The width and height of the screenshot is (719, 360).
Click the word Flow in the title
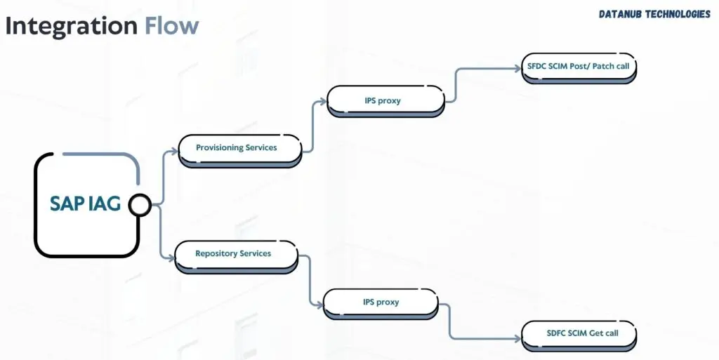tap(172, 26)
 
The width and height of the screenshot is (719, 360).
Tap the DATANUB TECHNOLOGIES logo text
tap(654, 14)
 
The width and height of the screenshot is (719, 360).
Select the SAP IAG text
tap(85, 204)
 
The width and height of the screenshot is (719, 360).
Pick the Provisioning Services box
tap(239, 148)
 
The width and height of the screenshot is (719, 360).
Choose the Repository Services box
tap(236, 254)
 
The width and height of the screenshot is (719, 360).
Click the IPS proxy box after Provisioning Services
tap(385, 101)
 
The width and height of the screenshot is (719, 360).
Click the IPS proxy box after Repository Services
tap(381, 302)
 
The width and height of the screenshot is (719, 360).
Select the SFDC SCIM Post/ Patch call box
tap(579, 67)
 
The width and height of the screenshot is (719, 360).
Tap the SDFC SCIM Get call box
tap(579, 333)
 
